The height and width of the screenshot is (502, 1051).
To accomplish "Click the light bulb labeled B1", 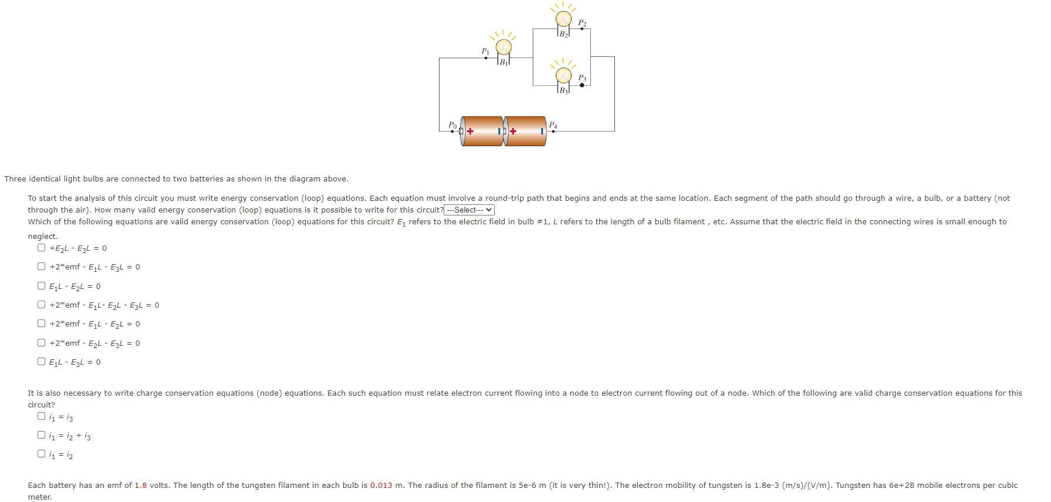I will [503, 47].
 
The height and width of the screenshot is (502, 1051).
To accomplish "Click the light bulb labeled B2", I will [563, 19].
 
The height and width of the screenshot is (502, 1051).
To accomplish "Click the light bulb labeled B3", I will [563, 75].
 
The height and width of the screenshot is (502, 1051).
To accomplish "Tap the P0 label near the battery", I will [452, 124].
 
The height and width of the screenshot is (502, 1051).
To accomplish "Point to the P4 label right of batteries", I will [553, 124].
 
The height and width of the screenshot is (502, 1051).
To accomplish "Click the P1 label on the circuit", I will [485, 51].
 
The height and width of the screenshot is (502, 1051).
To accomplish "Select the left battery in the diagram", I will [482, 131].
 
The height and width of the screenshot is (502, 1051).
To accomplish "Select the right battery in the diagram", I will [525, 131].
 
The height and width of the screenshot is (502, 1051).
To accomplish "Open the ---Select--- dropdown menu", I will [469, 210].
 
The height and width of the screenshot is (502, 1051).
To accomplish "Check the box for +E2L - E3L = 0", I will [42, 248].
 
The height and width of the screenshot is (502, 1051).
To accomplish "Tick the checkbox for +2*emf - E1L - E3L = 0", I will [42, 267].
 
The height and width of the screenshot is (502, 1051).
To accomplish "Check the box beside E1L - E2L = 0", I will [42, 286].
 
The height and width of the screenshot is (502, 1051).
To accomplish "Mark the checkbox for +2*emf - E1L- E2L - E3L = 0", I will [42, 305].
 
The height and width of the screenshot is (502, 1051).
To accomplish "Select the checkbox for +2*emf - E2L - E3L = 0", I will [42, 343].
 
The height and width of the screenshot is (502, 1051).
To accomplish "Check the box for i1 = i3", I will [42, 416].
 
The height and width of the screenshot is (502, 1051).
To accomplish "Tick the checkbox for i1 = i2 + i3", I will [42, 435].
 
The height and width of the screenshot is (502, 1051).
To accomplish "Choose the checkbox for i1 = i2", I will [42, 454].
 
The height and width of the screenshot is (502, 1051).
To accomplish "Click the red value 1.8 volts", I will [141, 486].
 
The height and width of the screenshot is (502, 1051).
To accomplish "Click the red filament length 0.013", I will [381, 486].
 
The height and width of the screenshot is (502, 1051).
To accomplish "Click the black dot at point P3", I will [582, 85].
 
